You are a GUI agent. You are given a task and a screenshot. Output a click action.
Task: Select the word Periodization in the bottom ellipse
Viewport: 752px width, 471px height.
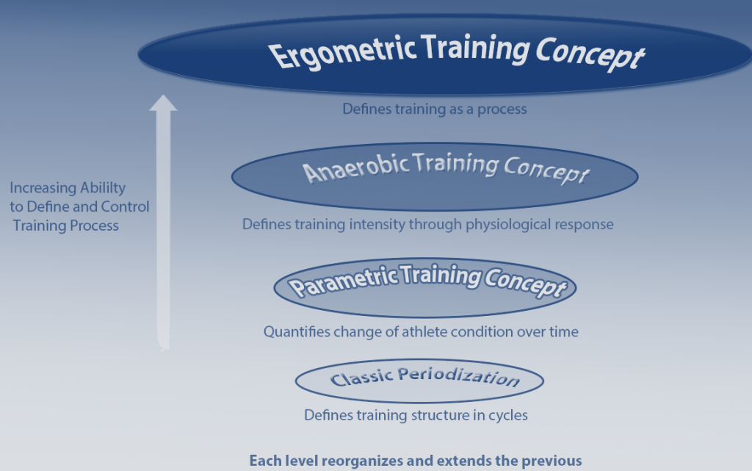[x=459, y=377]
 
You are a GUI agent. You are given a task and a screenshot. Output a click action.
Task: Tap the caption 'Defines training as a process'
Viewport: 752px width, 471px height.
[x=435, y=109]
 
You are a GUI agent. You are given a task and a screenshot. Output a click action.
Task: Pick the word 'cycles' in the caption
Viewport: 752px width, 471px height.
[x=507, y=415]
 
